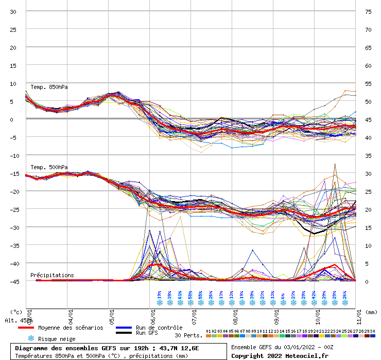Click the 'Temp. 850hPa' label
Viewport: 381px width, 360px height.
[x=49, y=87]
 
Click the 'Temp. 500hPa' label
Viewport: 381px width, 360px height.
[x=49, y=167]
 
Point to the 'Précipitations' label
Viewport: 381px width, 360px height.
[x=52, y=275]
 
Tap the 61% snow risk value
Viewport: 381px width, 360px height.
[x=180, y=295]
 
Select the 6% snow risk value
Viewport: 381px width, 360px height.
[x=283, y=295]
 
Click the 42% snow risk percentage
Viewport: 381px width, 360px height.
[x=314, y=295]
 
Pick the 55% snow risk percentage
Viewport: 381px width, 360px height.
[x=200, y=295]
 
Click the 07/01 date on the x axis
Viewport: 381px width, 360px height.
[x=195, y=314]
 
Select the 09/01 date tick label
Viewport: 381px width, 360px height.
[x=277, y=314]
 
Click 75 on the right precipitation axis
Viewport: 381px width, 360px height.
[x=368, y=11]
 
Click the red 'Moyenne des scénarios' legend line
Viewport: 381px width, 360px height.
[x=26, y=328]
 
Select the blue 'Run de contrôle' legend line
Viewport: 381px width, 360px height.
[x=124, y=328]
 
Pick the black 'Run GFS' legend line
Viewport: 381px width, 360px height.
[x=124, y=333]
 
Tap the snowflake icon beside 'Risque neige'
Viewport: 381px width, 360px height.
[x=31, y=338]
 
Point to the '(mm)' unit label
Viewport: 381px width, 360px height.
[x=371, y=311]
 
